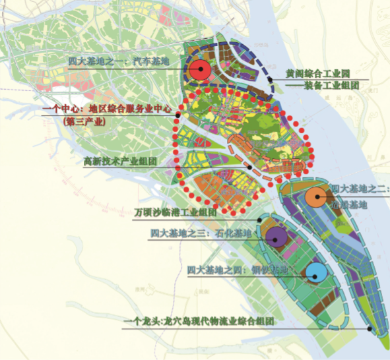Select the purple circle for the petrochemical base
(275, 236)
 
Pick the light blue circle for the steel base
(315, 272)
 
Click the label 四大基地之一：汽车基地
(119, 61)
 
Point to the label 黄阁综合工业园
(316, 75)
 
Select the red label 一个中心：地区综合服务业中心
(107, 110)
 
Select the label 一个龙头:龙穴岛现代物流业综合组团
(208, 322)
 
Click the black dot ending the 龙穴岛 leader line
(371, 327)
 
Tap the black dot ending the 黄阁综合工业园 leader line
(271, 80)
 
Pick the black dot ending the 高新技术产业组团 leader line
(249, 167)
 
